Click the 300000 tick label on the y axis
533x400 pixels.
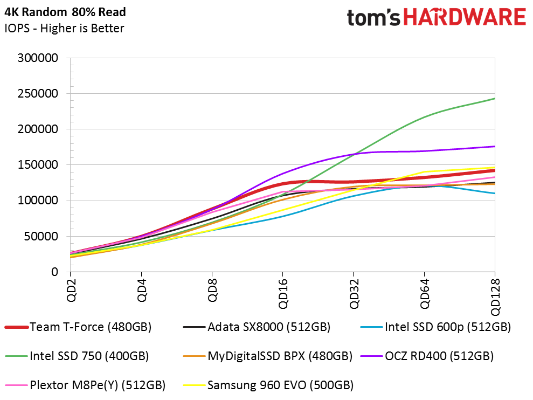point(39,58)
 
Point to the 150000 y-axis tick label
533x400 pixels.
point(39,165)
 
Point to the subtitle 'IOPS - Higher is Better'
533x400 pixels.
point(64,29)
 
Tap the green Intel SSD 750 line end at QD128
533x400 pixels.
point(494,99)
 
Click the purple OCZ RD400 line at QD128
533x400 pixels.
point(494,147)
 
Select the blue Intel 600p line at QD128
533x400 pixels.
point(494,193)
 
